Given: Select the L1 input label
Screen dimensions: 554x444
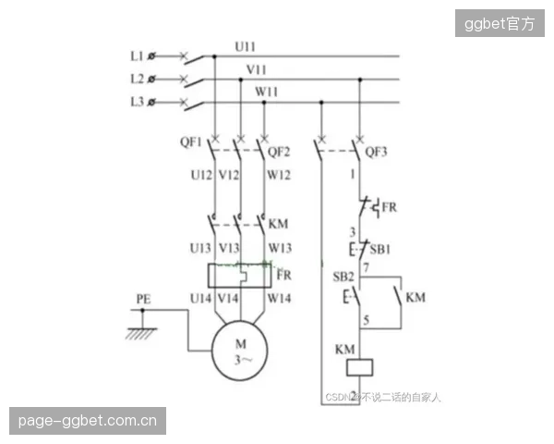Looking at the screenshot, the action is [x=137, y=55].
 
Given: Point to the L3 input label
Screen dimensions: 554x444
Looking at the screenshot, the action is [x=138, y=102].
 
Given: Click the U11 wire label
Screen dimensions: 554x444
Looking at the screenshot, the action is [x=245, y=47].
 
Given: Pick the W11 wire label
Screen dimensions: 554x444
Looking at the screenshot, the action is [x=267, y=92].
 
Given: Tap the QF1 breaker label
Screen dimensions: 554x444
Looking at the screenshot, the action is [x=190, y=142].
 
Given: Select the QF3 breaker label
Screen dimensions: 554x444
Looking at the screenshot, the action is [x=376, y=152].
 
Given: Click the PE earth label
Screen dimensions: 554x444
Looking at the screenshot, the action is [x=143, y=299].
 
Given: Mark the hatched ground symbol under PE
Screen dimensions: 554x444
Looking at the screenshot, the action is [x=141, y=334].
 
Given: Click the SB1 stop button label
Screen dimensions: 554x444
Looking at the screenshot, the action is [x=380, y=250].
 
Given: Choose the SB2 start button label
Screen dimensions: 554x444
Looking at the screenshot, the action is [x=343, y=277].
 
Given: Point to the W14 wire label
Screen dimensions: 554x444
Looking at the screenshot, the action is [x=279, y=299].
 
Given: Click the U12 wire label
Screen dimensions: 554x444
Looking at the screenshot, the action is [x=201, y=175].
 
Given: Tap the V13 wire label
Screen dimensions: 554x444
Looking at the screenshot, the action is [x=229, y=248].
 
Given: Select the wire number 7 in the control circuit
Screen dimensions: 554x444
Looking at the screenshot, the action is [x=366, y=267].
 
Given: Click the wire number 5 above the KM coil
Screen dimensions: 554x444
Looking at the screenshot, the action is [x=366, y=320].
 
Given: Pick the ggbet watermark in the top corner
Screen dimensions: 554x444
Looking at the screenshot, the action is [x=500, y=24].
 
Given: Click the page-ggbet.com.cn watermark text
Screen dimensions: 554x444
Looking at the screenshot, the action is [x=88, y=421].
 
